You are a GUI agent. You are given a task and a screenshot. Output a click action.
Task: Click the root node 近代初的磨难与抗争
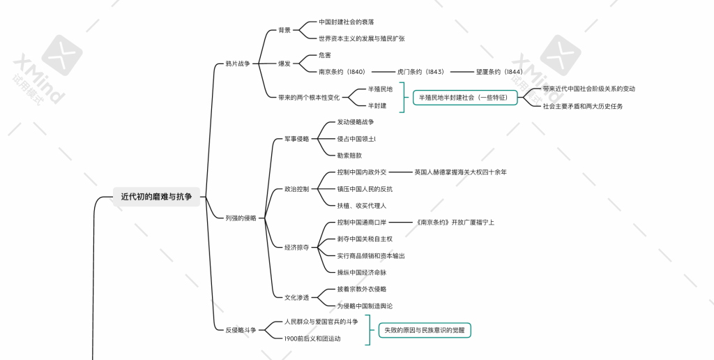coord(156,197)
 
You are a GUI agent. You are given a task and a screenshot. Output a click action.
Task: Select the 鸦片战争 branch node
coord(237,63)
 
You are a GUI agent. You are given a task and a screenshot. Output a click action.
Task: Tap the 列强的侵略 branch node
coord(241,218)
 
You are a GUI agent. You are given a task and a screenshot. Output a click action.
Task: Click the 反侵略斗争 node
coord(241,330)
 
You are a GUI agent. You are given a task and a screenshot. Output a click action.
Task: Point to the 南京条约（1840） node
coord(342,72)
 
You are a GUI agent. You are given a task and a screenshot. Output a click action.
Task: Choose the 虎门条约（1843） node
coord(420,72)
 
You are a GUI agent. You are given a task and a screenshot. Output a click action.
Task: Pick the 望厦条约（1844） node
coord(499,72)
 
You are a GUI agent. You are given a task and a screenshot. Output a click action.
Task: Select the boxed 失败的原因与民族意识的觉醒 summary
coord(424,330)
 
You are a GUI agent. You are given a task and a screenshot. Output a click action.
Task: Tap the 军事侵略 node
coord(296,139)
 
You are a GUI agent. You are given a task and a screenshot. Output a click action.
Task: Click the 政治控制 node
coord(296,189)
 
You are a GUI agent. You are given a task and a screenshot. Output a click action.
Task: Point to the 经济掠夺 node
coord(296,247)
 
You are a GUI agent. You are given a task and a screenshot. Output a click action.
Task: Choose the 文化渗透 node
coord(296,297)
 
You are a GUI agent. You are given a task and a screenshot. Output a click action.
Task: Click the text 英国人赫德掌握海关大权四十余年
coord(460,172)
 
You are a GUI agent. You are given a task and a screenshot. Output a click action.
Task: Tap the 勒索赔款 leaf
coord(349,156)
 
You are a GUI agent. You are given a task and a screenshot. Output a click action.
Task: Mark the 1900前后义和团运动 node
coord(312,338)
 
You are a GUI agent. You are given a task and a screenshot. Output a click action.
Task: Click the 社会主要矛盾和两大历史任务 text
coord(583,106)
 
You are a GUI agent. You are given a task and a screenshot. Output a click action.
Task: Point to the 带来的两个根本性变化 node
coord(309,98)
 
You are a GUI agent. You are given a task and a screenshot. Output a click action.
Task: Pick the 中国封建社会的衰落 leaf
coord(346,22)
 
